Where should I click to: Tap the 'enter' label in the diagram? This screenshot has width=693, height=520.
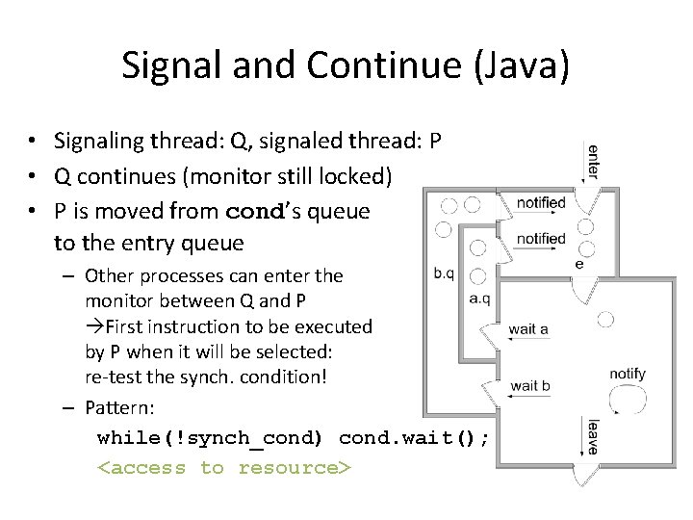click(593, 162)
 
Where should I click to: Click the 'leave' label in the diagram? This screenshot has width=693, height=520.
click(592, 436)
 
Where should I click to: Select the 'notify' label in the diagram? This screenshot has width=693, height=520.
click(628, 374)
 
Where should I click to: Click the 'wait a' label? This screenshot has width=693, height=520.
click(528, 328)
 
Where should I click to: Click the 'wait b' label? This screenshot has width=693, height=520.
click(529, 385)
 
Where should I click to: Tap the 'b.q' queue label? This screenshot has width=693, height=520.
click(444, 273)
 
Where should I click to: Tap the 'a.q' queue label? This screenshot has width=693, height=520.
click(479, 299)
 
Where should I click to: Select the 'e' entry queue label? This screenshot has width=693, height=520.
click(578, 263)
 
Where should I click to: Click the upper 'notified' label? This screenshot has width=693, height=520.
click(541, 203)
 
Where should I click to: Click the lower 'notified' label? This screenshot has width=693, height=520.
click(541, 238)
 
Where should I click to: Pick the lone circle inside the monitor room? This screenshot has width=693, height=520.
click(605, 319)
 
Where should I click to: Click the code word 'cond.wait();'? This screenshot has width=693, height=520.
click(414, 438)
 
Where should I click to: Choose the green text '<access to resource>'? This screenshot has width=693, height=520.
click(224, 468)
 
